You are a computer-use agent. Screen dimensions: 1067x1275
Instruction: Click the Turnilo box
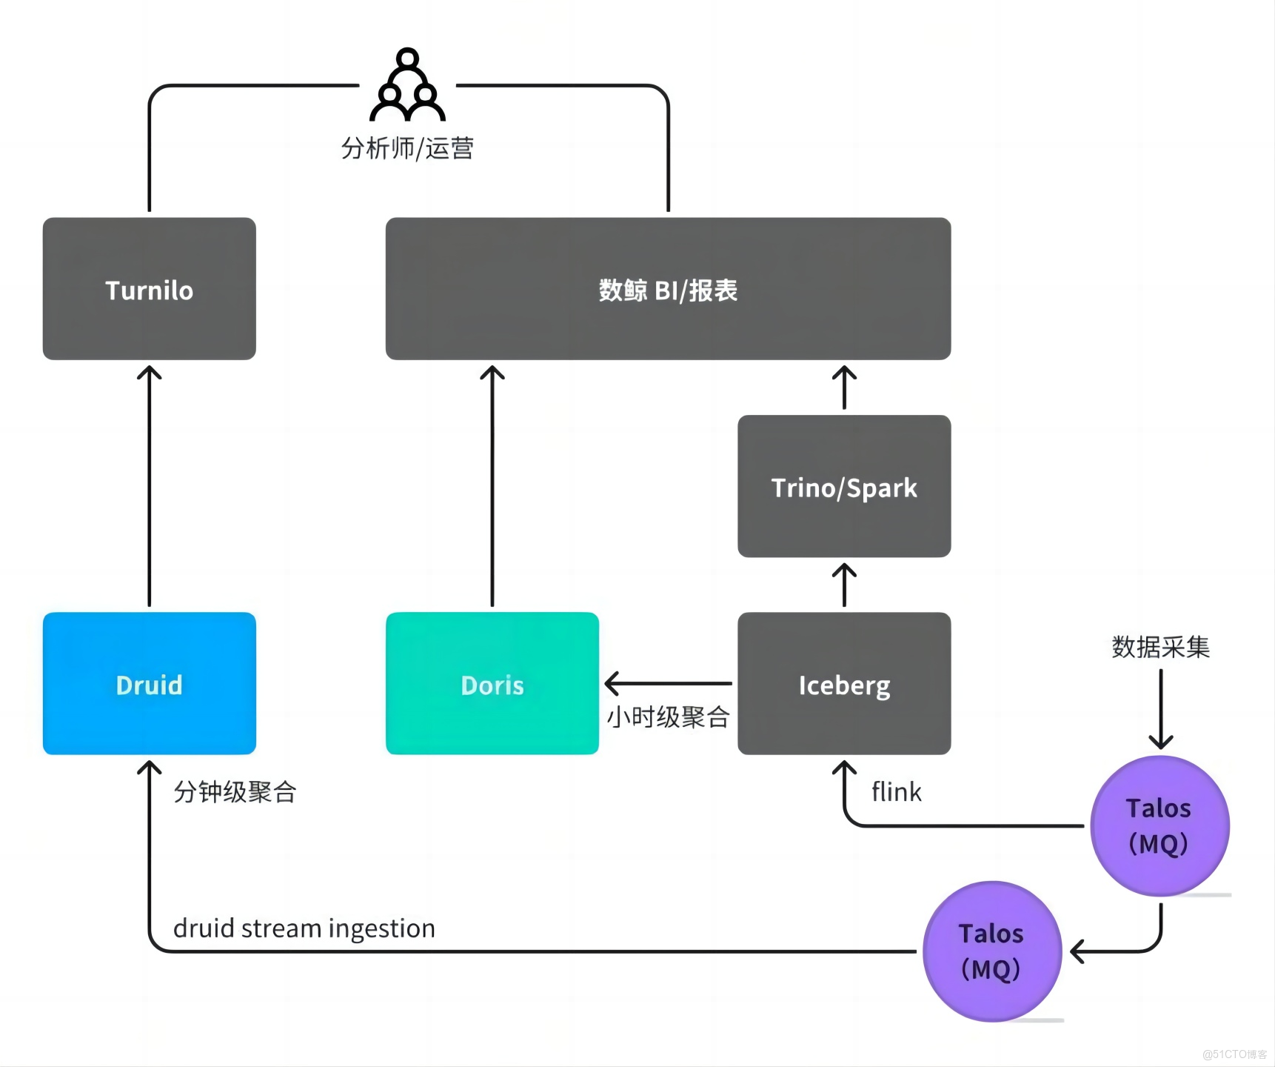click(x=149, y=289)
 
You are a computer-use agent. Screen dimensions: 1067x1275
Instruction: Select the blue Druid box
click(x=149, y=684)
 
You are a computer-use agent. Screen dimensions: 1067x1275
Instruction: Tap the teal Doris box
click(x=492, y=684)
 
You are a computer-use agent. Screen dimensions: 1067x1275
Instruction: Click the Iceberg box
click(x=844, y=684)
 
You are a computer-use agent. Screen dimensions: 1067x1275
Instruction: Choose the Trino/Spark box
click(x=844, y=487)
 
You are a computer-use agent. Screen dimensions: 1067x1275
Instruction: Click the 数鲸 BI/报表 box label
click(x=668, y=290)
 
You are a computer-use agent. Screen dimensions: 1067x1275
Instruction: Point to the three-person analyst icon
click(x=407, y=86)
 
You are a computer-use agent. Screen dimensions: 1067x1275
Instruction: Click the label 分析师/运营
click(x=407, y=148)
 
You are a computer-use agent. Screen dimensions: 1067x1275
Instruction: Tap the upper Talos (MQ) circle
click(x=1159, y=825)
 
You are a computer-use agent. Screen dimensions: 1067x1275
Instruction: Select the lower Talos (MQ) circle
click(x=991, y=951)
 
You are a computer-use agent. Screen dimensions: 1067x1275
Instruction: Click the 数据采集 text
click(x=1160, y=647)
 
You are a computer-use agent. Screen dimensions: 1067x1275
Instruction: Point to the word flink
click(x=896, y=792)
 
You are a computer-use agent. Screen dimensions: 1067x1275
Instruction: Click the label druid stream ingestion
click(x=304, y=928)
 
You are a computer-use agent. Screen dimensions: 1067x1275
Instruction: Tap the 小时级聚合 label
click(x=668, y=717)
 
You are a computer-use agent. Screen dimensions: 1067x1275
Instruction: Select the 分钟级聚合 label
click(x=235, y=792)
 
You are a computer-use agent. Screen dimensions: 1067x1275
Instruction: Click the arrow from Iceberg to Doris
click(x=668, y=683)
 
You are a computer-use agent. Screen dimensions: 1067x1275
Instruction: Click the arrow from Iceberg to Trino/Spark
click(x=844, y=585)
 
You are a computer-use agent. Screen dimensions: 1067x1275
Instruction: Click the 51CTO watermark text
click(x=1234, y=1054)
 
